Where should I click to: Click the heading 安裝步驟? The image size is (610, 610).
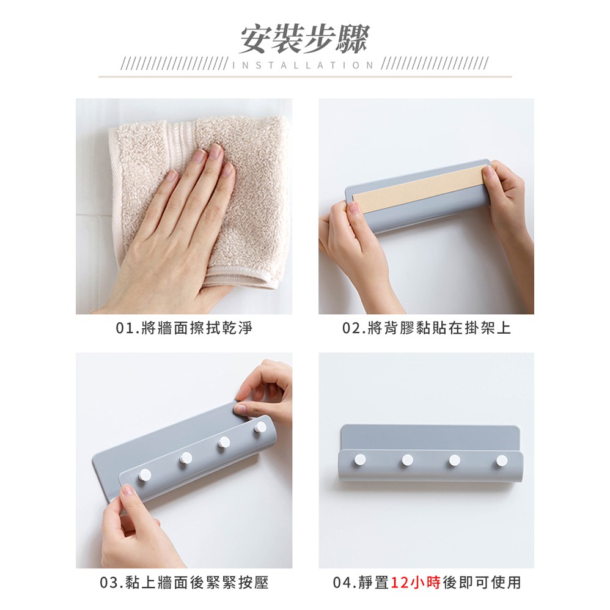pos(304,39)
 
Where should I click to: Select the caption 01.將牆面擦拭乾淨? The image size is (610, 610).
pos(185,328)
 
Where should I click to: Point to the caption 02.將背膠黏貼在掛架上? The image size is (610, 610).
pos(427,328)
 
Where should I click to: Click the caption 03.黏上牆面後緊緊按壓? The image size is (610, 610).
pos(185,582)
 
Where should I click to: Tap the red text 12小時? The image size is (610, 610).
pos(416,582)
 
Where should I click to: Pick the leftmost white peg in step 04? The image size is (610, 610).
pos(360,460)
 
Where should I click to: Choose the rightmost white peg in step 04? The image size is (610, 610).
pos(502,461)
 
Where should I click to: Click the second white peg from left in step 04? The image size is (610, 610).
pos(407,460)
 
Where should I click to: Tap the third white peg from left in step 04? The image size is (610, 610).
pos(454,461)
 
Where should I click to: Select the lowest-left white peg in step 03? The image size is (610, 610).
pos(145,474)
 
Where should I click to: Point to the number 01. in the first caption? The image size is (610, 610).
pos(127,328)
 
